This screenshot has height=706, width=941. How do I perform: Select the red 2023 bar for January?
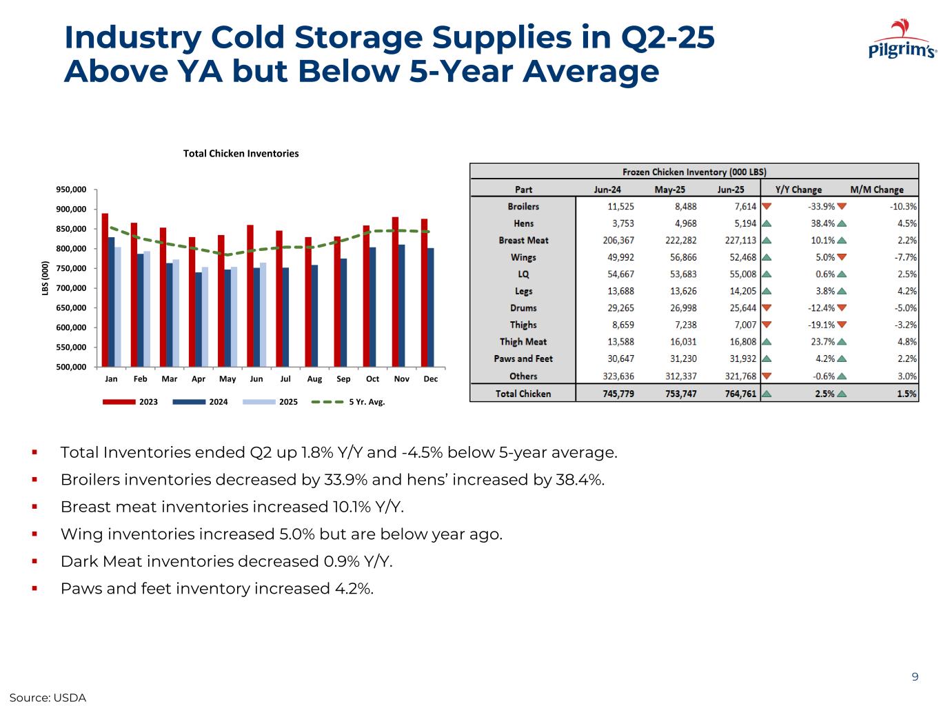point(105,290)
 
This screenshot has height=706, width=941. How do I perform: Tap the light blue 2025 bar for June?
point(263,314)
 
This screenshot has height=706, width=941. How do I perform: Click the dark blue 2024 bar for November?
point(401,305)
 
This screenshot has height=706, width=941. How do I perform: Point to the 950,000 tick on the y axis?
point(71,190)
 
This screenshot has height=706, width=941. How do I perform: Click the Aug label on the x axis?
point(314,379)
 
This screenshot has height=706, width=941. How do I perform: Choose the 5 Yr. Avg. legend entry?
point(348,402)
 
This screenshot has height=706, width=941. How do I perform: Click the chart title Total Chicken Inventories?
point(241,154)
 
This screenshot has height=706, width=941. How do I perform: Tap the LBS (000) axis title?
point(45,279)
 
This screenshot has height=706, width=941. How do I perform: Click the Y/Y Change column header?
point(798,190)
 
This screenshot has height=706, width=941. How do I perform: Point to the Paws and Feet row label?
point(523,359)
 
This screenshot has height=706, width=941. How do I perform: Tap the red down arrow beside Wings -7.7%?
point(841,257)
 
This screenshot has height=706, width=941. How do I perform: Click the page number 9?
point(915,677)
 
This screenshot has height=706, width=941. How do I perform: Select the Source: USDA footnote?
point(48,698)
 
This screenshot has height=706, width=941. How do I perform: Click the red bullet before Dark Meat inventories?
point(34,562)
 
